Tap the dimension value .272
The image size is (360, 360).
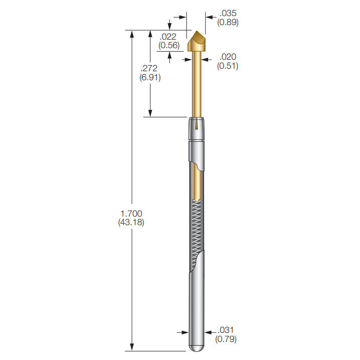coord(150,69)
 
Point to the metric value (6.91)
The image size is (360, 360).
coord(150,78)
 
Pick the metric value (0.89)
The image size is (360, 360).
coord(227,22)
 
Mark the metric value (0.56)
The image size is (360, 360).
coord(168,45)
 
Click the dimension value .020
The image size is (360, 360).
coord(227,57)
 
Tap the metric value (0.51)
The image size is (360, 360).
coord(227,66)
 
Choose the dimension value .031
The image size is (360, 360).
coord(226,330)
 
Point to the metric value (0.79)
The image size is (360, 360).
coord(226,339)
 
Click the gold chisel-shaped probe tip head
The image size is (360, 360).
coord(199,43)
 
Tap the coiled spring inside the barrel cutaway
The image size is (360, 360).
coord(198,231)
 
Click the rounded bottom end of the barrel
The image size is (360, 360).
coord(198,347)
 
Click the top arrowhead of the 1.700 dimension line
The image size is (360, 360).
coord(132,34)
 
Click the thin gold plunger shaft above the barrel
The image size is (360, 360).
coord(198,85)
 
